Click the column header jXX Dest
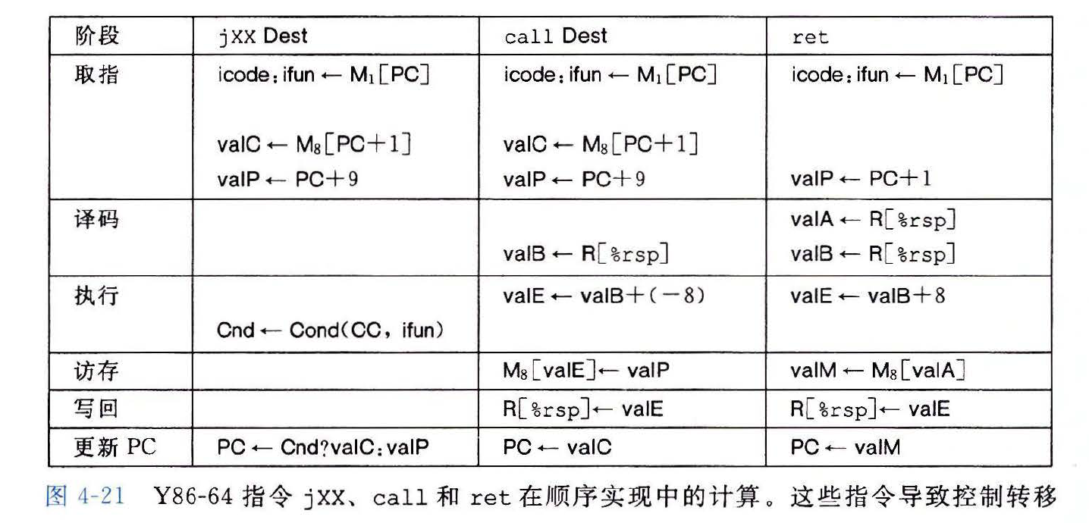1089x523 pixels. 262,36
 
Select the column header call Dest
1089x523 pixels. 555,36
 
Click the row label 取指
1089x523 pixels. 97,74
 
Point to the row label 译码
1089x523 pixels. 97,220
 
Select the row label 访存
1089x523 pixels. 97,371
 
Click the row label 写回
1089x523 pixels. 97,409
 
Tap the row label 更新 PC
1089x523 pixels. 115,447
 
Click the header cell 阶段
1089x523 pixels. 97,36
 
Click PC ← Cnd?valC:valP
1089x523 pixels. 322,447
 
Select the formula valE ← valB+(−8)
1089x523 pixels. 604,296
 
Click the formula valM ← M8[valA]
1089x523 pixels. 877,371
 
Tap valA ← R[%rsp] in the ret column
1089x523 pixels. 872,220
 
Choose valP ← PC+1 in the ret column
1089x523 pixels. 861,179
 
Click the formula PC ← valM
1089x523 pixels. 845,447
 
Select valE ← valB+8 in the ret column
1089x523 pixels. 868,296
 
